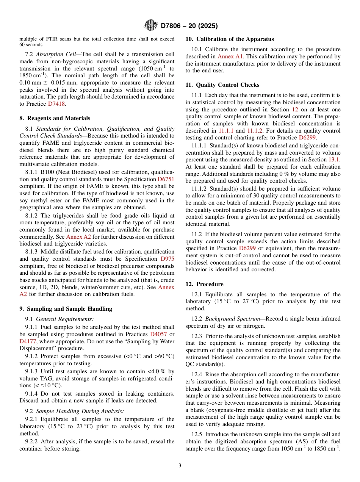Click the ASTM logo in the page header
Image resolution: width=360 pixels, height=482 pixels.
click(151, 26)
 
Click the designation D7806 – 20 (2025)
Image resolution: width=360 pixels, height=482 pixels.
click(189, 26)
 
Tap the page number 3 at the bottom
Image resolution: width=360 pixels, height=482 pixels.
click(180, 466)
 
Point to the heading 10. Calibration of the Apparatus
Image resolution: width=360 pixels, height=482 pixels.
click(230, 39)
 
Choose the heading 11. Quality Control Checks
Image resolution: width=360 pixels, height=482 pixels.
click(222, 85)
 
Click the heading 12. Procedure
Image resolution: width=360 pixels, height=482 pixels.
click(204, 284)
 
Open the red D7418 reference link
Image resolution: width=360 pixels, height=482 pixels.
click(57, 104)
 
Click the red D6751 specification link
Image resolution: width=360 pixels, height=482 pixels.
click(166, 179)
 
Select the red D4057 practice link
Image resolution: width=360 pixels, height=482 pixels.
click(159, 334)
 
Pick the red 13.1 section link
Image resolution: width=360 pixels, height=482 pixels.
click(334, 160)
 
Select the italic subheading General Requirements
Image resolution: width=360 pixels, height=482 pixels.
click(65, 319)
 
